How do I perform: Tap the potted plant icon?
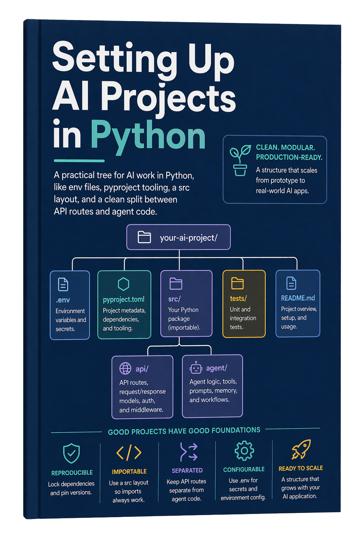(x=240, y=160)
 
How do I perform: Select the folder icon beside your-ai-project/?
(x=144, y=237)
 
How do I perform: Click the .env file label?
(x=63, y=300)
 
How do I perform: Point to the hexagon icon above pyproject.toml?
(x=123, y=284)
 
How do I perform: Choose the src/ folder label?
(x=174, y=299)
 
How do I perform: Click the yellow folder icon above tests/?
(x=237, y=283)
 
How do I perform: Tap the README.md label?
(x=298, y=298)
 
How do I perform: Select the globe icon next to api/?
(x=126, y=368)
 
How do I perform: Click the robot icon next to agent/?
(x=196, y=367)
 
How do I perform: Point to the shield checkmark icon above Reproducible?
(x=71, y=453)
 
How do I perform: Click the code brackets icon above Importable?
(x=129, y=452)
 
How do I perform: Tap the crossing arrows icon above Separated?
(x=188, y=451)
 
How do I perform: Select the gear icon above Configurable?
(x=244, y=451)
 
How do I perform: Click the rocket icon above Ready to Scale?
(x=301, y=449)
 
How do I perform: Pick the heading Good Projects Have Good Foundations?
(x=184, y=431)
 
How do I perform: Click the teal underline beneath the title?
(x=79, y=161)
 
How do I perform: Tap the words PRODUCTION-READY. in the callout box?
(x=289, y=157)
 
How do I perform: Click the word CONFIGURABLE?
(x=244, y=469)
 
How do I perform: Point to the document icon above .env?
(x=63, y=284)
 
